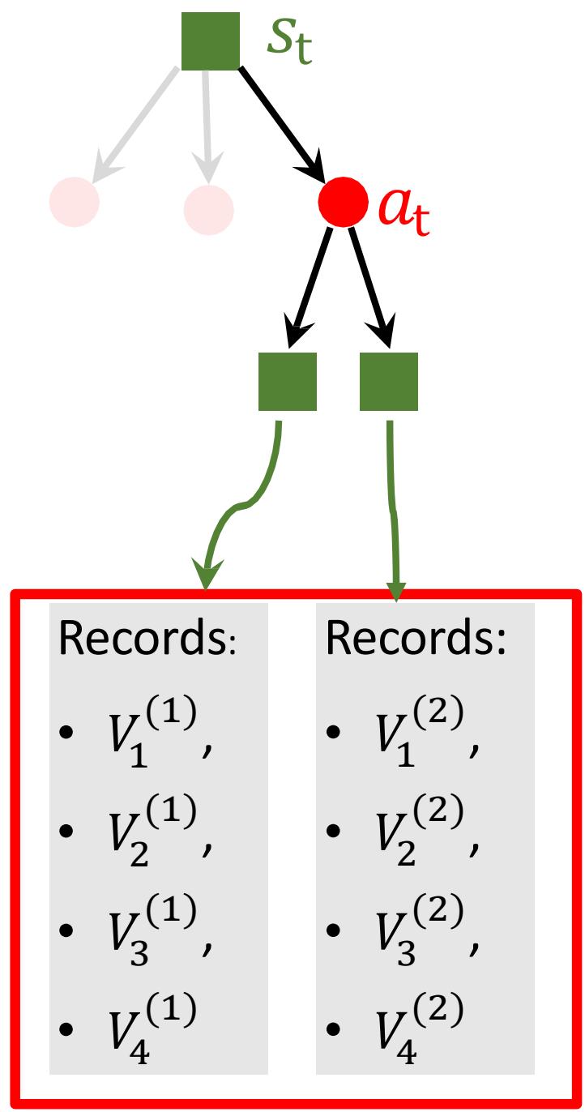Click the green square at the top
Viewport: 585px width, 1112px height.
click(210, 41)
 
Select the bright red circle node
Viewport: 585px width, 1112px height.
click(344, 202)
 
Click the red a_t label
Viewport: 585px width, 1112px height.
click(403, 211)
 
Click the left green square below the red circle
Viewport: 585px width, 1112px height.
click(287, 381)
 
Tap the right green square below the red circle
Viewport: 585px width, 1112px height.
click(389, 381)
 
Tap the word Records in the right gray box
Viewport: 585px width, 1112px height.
click(415, 641)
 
